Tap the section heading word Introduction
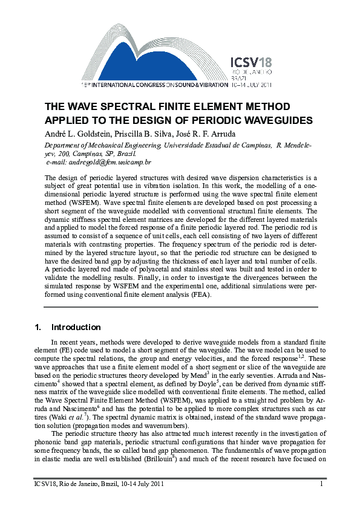[x=76, y=328]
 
